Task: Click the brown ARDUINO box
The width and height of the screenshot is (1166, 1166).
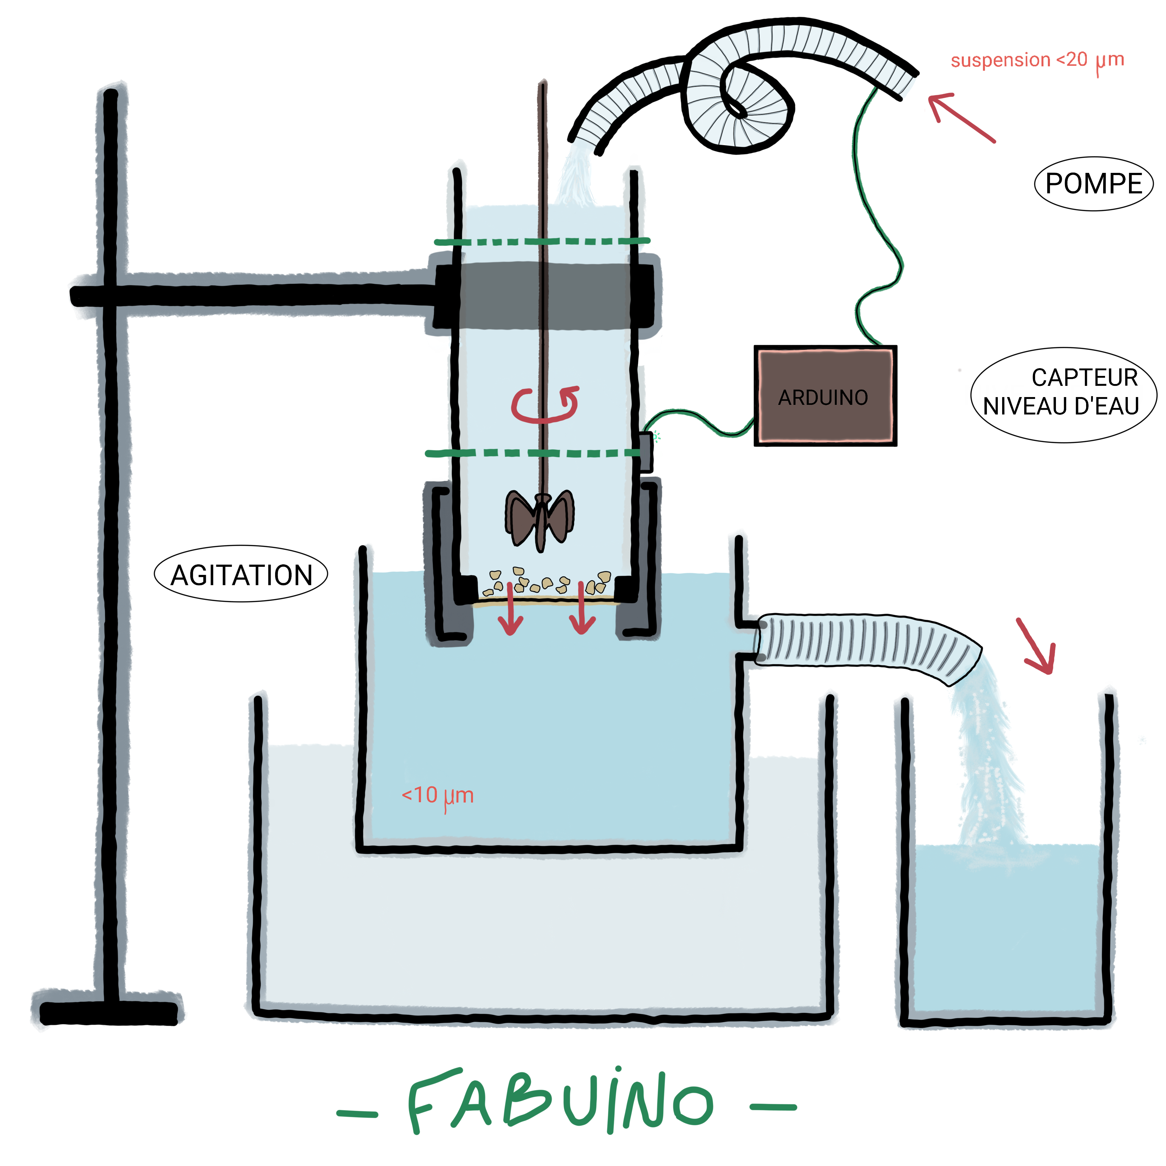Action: coord(825,396)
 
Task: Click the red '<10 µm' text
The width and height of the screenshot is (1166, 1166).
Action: coord(437,795)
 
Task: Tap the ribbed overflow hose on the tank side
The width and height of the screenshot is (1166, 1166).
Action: coord(863,645)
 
